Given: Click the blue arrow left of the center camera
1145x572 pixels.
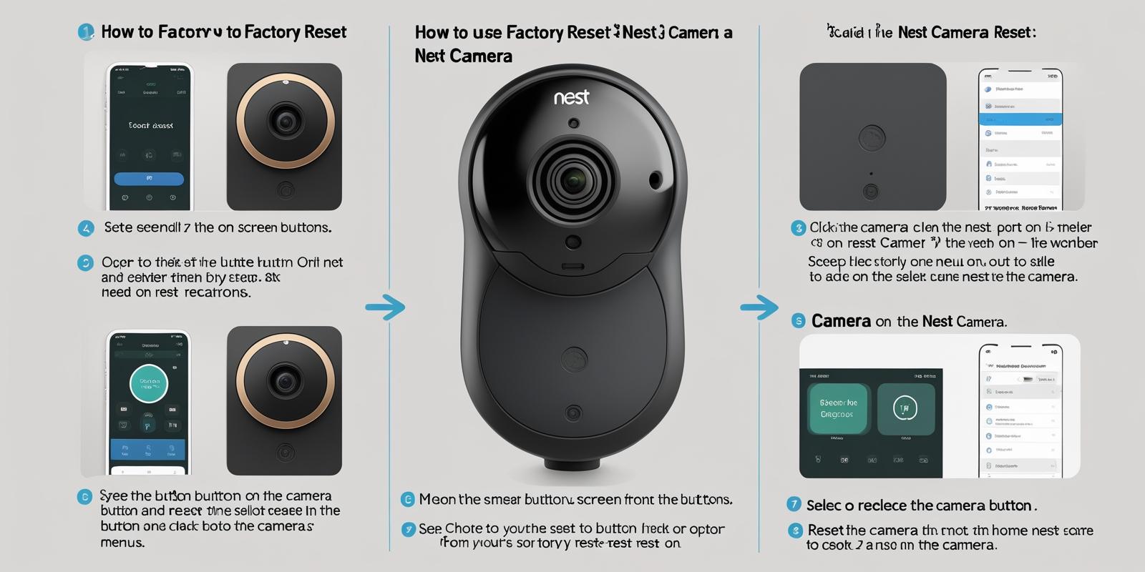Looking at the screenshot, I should pos(385,307).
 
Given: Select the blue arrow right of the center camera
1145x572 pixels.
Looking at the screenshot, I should pos(759,308).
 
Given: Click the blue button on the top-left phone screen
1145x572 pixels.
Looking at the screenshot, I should pos(149,178).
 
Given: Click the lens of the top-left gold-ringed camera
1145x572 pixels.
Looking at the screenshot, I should pos(286,120).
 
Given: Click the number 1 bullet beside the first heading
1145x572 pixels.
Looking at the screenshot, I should pos(86,31).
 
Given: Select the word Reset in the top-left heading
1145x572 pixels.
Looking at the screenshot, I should pos(325,31).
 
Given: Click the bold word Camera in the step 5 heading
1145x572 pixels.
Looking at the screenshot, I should pos(841,321).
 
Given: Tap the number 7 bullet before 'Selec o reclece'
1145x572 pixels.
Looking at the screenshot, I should pos(793,504).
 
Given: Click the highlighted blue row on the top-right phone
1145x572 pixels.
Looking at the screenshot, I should pos(1020,119).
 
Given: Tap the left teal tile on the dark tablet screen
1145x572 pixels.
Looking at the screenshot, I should pos(837,409).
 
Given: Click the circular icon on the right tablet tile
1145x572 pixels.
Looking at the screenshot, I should pos(905,409).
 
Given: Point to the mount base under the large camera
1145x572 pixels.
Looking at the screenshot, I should pos(572,463).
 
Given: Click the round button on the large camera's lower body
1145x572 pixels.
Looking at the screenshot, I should pos(574,359).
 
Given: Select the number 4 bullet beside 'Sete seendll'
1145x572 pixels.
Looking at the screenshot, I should pos(86,228).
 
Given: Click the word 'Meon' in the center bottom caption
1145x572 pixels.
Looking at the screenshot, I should pos(437,499).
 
